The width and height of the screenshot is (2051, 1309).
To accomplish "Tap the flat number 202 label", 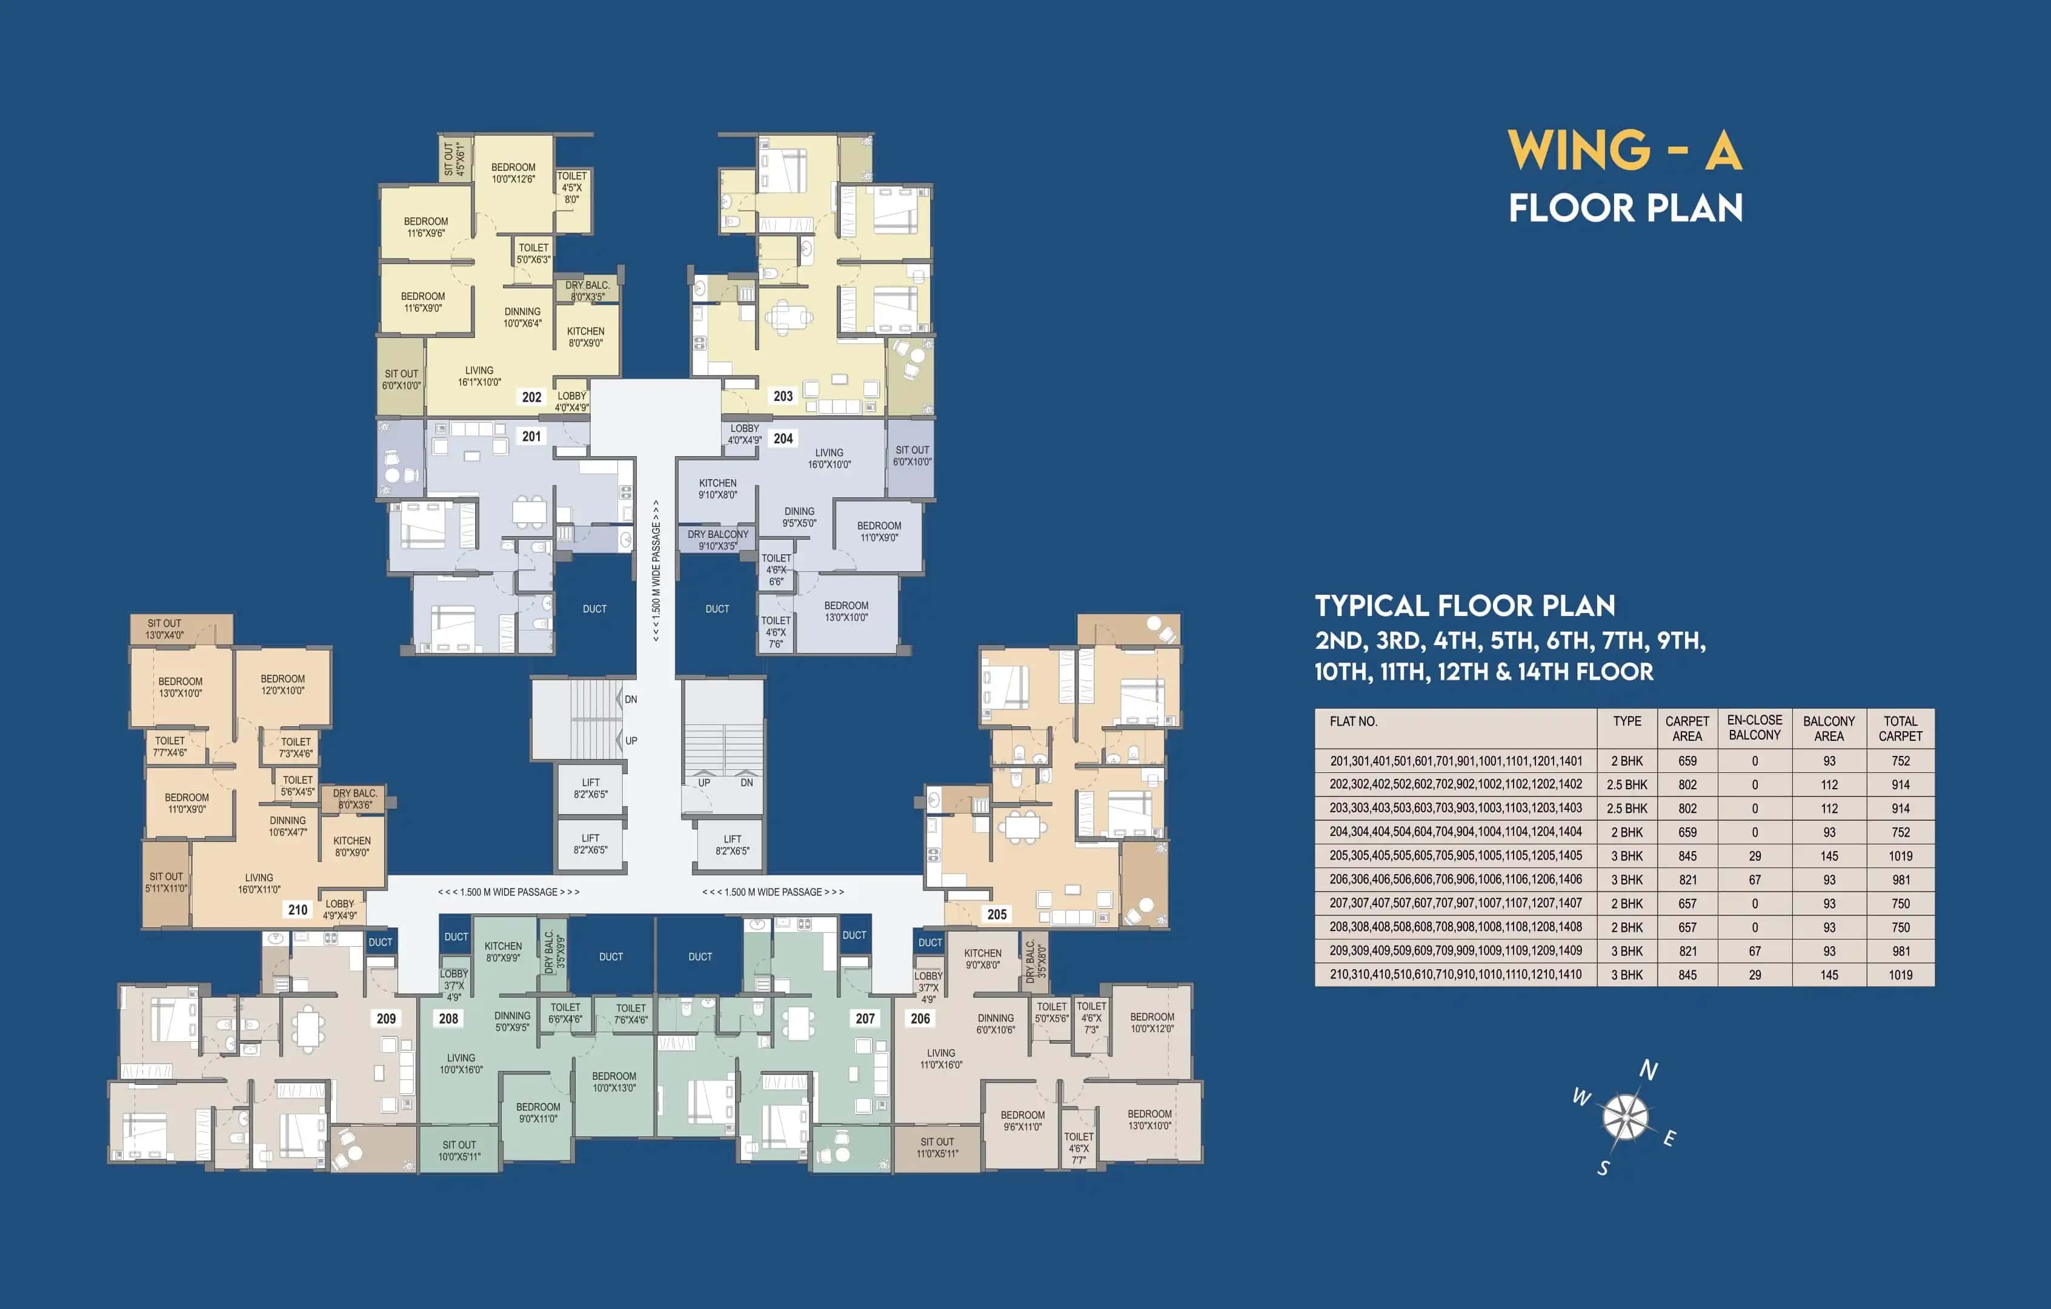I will [531, 397].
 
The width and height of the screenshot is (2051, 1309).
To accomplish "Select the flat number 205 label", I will [997, 914].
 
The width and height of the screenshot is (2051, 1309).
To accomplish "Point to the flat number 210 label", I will [298, 910].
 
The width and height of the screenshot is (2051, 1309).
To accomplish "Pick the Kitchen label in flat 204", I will [718, 488].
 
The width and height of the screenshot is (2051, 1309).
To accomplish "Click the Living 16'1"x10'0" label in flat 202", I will [479, 376].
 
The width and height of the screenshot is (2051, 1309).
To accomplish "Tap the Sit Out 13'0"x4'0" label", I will [164, 629].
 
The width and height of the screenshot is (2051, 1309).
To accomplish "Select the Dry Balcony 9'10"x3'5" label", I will [718, 540].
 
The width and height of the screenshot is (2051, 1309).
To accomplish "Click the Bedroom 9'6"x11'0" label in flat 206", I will [1022, 1120].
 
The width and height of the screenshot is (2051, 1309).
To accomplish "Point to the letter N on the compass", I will [1648, 1070].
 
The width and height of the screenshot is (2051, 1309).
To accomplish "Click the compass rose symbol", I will [1625, 1116].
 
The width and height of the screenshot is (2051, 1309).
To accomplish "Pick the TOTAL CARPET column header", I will [1900, 728].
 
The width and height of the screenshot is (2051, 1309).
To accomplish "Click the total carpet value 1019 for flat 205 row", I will [1900, 856].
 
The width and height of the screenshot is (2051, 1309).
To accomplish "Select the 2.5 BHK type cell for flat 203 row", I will [1627, 808].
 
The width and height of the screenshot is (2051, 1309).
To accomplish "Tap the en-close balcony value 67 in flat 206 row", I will [1755, 880].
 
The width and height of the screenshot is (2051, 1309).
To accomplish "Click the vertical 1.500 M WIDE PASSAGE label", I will [656, 570].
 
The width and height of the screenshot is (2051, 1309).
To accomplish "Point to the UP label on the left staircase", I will [631, 740].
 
